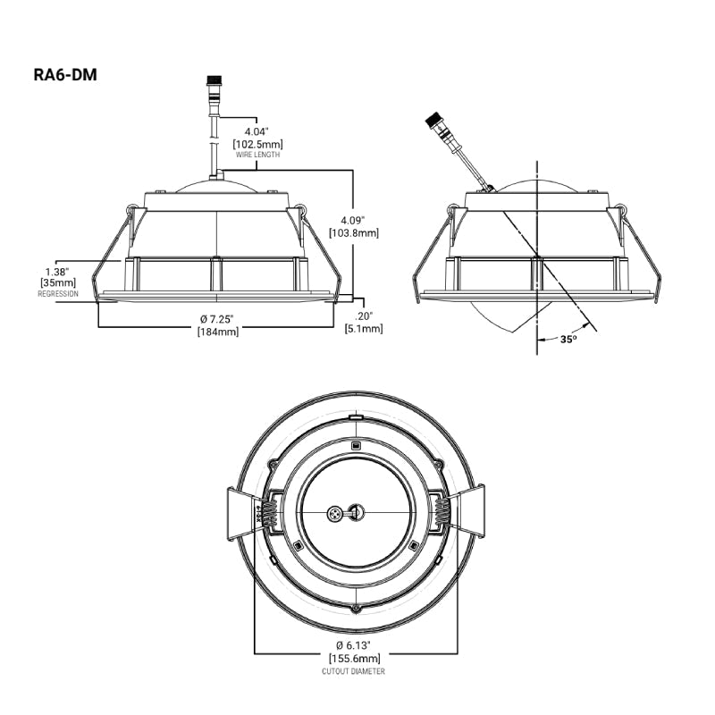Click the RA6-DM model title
pyautogui.click(x=65, y=74)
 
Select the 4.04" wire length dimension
pyautogui.click(x=257, y=131)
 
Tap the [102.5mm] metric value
pyautogui.click(x=257, y=144)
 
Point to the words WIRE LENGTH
pyautogui.click(x=257, y=155)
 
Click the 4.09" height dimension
pyautogui.click(x=353, y=220)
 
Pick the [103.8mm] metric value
pyautogui.click(x=354, y=233)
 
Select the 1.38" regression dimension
pyautogui.click(x=57, y=272)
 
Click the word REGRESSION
pyautogui.click(x=58, y=294)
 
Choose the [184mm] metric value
pyautogui.click(x=218, y=332)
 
